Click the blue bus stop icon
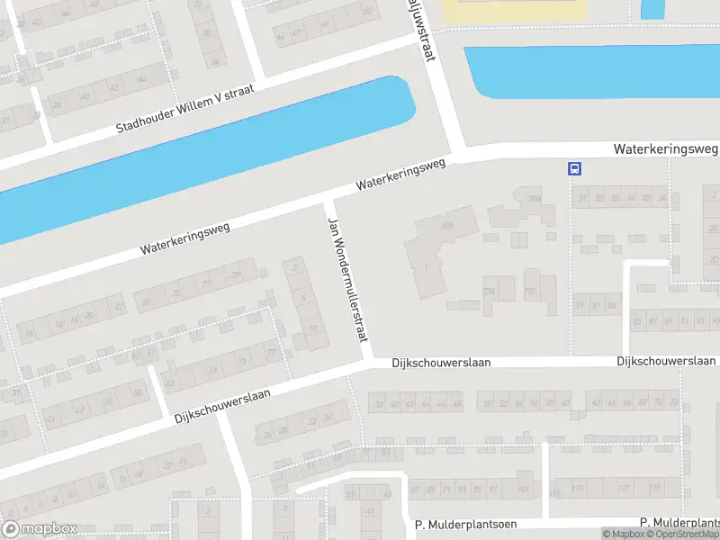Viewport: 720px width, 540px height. [x=574, y=167]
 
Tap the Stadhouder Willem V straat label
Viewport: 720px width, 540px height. [x=185, y=110]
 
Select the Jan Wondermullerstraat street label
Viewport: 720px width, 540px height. [x=347, y=279]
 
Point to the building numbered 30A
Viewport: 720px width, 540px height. [x=446, y=226]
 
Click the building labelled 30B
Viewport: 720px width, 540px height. [x=535, y=199]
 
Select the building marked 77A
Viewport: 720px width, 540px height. [x=490, y=292]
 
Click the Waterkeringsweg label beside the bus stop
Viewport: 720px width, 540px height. [x=665, y=148]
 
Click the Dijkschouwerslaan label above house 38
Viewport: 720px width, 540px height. [x=441, y=362]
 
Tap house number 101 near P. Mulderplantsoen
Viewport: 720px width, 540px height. [x=524, y=489]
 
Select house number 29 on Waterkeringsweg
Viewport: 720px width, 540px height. [x=237, y=274]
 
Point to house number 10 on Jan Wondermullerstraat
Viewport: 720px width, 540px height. [x=312, y=328]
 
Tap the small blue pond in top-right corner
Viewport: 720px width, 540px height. [x=652, y=8]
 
